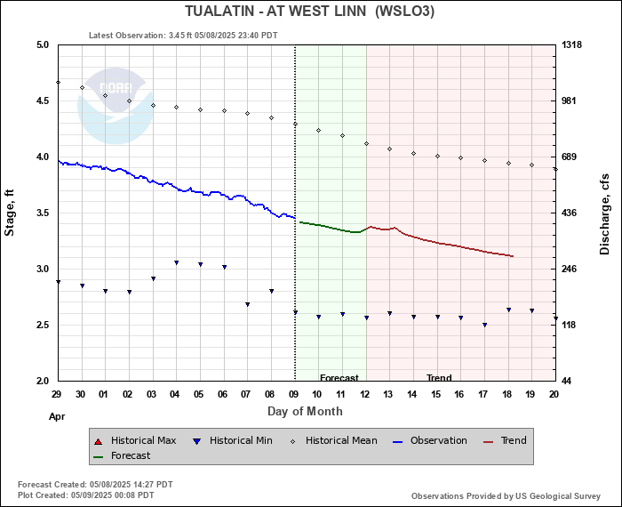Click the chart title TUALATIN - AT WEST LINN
pyautogui.click(x=310, y=12)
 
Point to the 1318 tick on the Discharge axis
pyautogui.click(x=572, y=44)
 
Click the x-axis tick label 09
pyautogui.click(x=295, y=393)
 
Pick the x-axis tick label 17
pyautogui.click(x=484, y=393)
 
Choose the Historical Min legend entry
pyautogui.click(x=234, y=440)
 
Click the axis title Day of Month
pyautogui.click(x=305, y=411)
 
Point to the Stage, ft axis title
pyautogui.click(x=11, y=213)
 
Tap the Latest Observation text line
pyautogui.click(x=183, y=36)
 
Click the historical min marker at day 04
pyautogui.click(x=177, y=262)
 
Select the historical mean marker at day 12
pyautogui.click(x=366, y=144)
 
